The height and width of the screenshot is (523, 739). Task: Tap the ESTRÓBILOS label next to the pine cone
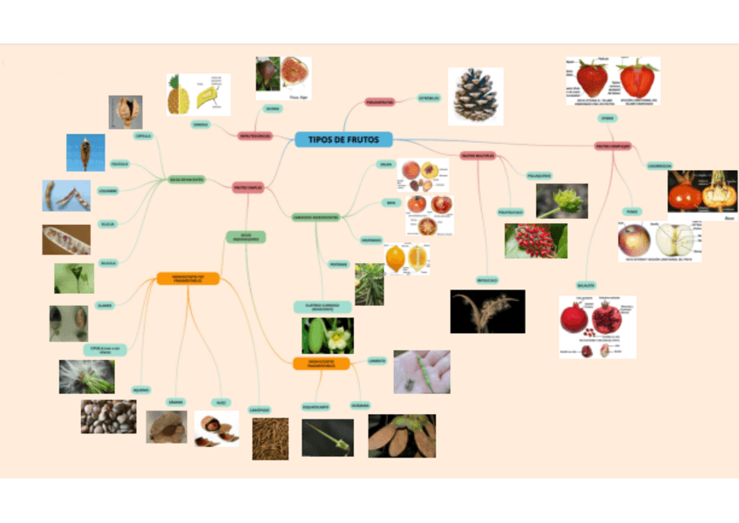[x=429, y=98]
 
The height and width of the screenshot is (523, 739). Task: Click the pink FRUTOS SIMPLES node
[x=248, y=187]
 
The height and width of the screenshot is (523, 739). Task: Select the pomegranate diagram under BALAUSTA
[x=597, y=327]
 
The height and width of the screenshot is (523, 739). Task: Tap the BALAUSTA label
[x=585, y=285]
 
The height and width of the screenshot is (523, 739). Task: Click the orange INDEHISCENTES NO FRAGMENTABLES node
[x=187, y=279]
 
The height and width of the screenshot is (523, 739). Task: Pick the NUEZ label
[x=220, y=403]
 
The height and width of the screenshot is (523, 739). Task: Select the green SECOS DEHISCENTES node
[x=186, y=180]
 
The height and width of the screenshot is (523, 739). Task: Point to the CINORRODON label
[x=659, y=166]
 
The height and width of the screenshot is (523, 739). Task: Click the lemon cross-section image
[x=406, y=258]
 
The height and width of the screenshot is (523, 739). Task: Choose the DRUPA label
[x=385, y=164]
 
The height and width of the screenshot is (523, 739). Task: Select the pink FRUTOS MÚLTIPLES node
[x=478, y=156]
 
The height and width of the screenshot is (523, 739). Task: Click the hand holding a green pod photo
[x=422, y=371]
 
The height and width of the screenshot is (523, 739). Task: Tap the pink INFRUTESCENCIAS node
[x=255, y=136]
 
